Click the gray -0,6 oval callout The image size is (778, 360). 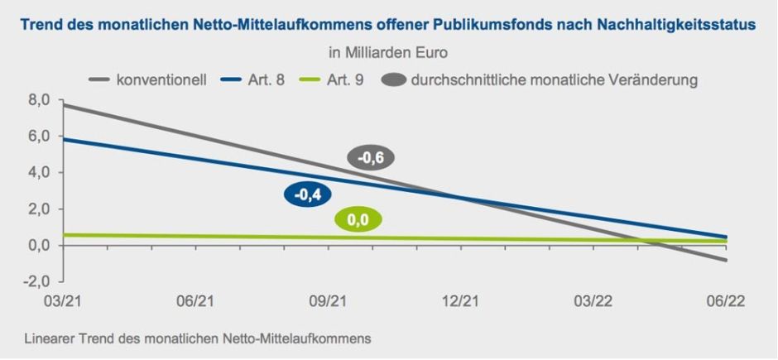(370, 158)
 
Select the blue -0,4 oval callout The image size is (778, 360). (308, 194)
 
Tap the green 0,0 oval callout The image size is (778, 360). (358, 219)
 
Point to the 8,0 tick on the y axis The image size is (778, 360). (38, 100)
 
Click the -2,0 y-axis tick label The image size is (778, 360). (36, 281)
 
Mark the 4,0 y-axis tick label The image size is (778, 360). (38, 172)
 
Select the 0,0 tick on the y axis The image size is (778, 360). (38, 245)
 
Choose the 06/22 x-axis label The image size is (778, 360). (727, 302)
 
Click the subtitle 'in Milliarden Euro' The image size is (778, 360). (388, 54)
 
